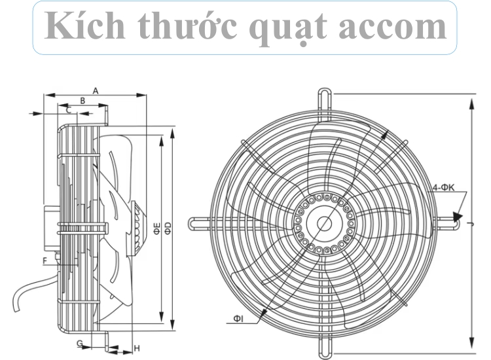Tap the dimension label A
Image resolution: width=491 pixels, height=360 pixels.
(x=96, y=90)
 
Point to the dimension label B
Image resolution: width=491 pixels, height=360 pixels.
(x=82, y=100)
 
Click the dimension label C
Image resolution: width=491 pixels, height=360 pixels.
(x=68, y=110)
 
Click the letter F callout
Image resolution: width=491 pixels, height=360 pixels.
(x=45, y=261)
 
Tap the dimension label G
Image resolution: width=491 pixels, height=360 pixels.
(x=79, y=343)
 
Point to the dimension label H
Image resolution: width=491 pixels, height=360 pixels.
(x=137, y=346)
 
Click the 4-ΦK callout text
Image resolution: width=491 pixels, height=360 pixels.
(x=443, y=188)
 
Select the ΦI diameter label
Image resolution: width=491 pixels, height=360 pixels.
(x=238, y=319)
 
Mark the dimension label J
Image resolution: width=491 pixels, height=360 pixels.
(x=471, y=223)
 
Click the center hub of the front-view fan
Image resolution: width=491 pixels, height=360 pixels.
(x=324, y=223)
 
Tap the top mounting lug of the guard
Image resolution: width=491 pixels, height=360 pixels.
(x=324, y=96)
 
